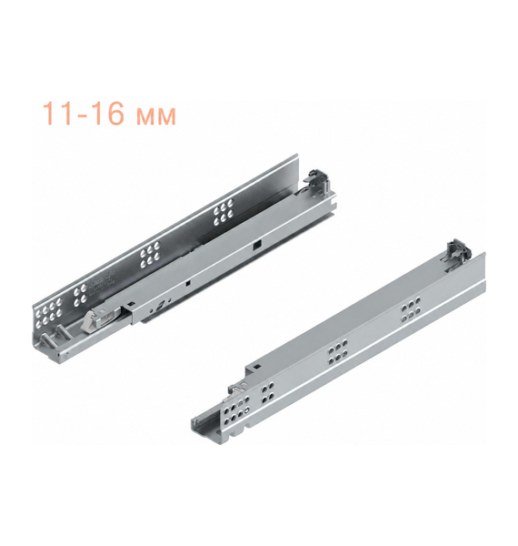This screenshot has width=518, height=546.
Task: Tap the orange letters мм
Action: [156, 117]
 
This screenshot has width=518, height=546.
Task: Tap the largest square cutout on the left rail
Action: [257, 245]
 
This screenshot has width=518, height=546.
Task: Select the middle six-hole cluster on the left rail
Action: [149, 254]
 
